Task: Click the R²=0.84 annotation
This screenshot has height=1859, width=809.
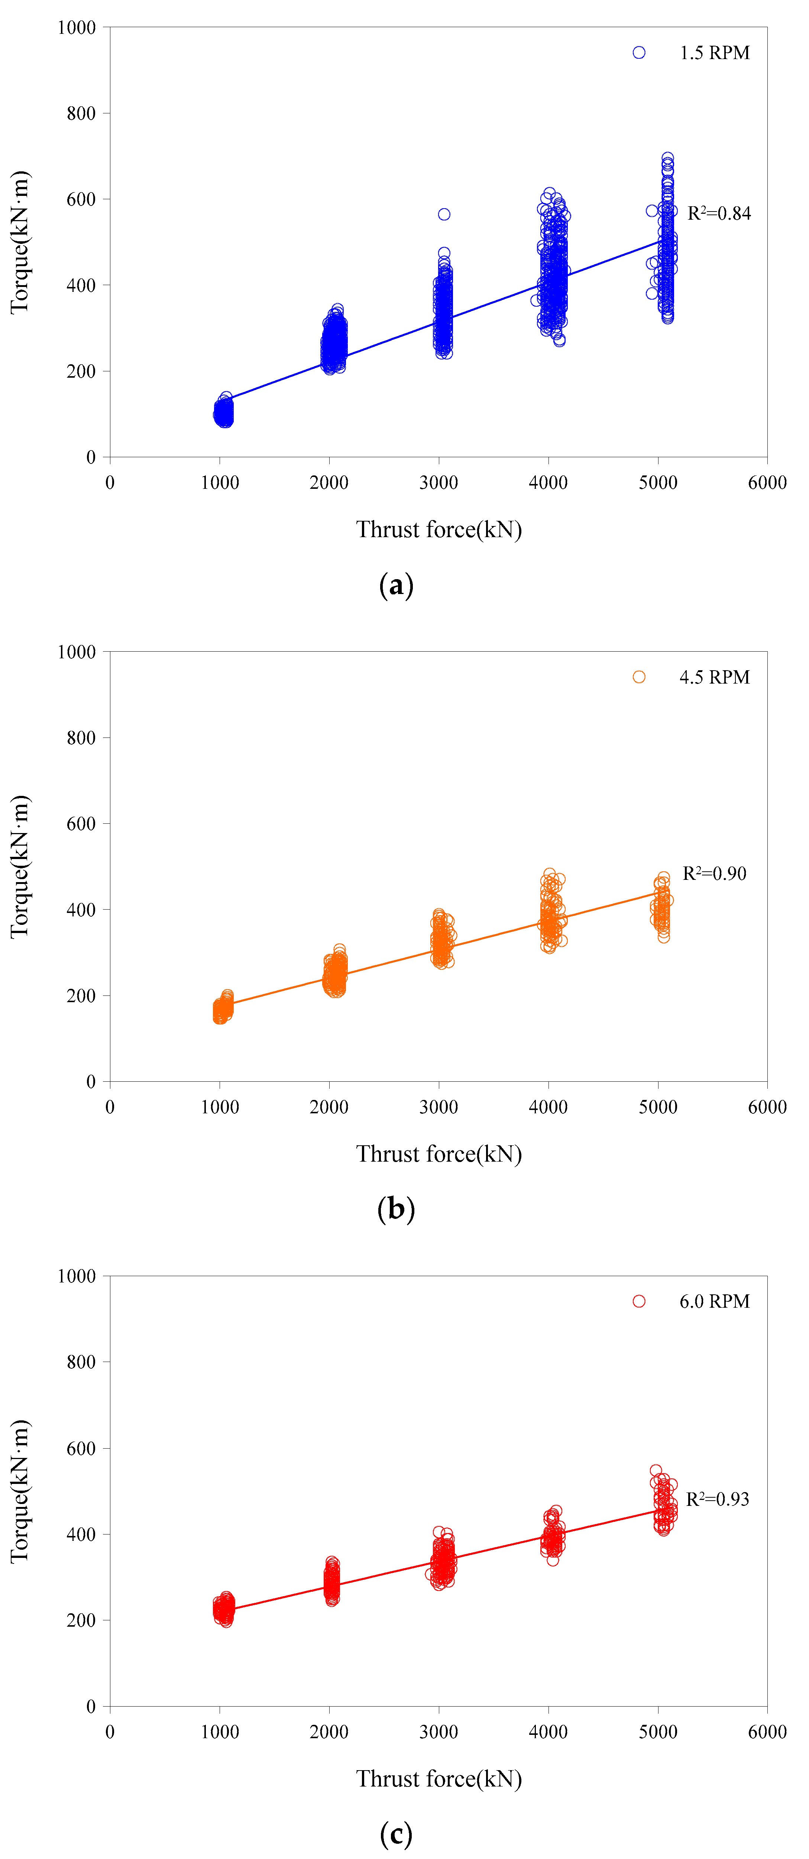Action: pyautogui.click(x=719, y=214)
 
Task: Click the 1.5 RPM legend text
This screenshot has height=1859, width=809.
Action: pyautogui.click(x=715, y=53)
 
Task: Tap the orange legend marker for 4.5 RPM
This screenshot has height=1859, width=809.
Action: pyautogui.click(x=639, y=677)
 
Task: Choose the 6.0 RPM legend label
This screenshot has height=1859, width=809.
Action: pyautogui.click(x=715, y=1301)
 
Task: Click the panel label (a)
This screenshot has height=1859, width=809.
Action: pyautogui.click(x=396, y=585)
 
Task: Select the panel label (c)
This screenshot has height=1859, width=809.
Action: pyautogui.click(x=396, y=1834)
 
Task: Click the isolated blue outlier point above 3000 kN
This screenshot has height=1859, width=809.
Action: pyautogui.click(x=444, y=214)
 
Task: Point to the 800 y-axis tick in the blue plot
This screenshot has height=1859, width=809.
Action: pyautogui.click(x=81, y=113)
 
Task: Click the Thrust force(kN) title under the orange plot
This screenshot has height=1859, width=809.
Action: pyautogui.click(x=439, y=1154)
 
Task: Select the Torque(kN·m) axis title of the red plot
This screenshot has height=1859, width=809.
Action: pyautogui.click(x=19, y=1491)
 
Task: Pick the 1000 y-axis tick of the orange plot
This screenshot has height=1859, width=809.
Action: pyautogui.click(x=77, y=652)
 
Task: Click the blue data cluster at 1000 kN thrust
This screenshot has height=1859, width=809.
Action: pyautogui.click(x=224, y=413)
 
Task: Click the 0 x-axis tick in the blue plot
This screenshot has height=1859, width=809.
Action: pyautogui.click(x=110, y=483)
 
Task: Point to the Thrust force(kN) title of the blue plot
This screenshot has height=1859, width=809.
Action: pyautogui.click(x=439, y=530)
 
